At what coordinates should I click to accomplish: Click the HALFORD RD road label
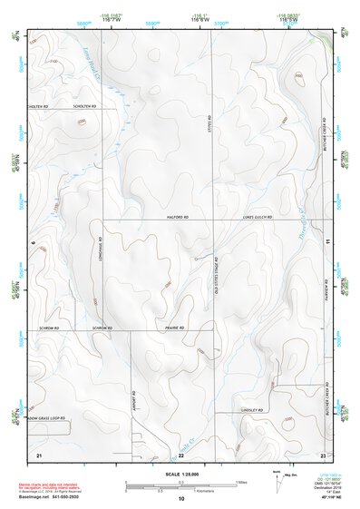tap(178, 218)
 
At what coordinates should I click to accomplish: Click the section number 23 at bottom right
tap(323, 453)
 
